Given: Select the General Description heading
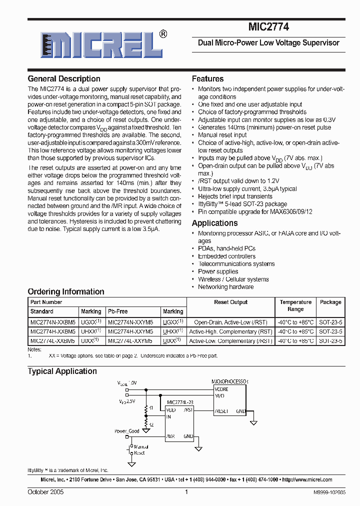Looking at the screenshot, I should point(64,79).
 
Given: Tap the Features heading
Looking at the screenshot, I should point(207,79).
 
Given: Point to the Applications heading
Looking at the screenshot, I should point(214,223).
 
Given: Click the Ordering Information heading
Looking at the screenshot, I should point(66,292).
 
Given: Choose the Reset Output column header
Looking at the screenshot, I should point(230,302).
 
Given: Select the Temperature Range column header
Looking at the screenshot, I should point(295,305).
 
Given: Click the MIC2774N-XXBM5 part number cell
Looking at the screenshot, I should point(52,322).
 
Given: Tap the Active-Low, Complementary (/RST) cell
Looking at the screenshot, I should point(230,341).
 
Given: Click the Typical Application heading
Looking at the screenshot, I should point(62,371).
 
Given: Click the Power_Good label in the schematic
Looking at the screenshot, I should point(127,431).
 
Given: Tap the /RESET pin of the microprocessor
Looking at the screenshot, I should point(221,411).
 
